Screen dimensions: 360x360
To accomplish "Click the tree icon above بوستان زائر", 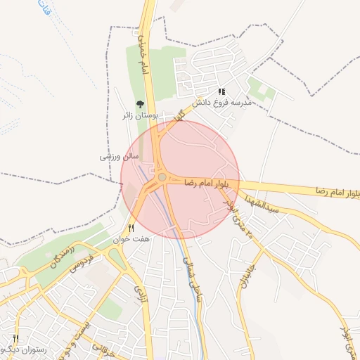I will tap(139, 104).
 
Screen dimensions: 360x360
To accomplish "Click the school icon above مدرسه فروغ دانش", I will tap(222, 91).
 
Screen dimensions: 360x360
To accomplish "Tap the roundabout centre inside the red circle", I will tap(162, 178).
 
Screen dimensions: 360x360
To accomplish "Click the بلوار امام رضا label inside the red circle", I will tap(207, 182).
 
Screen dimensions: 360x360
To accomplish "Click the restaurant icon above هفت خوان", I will tap(131, 228).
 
